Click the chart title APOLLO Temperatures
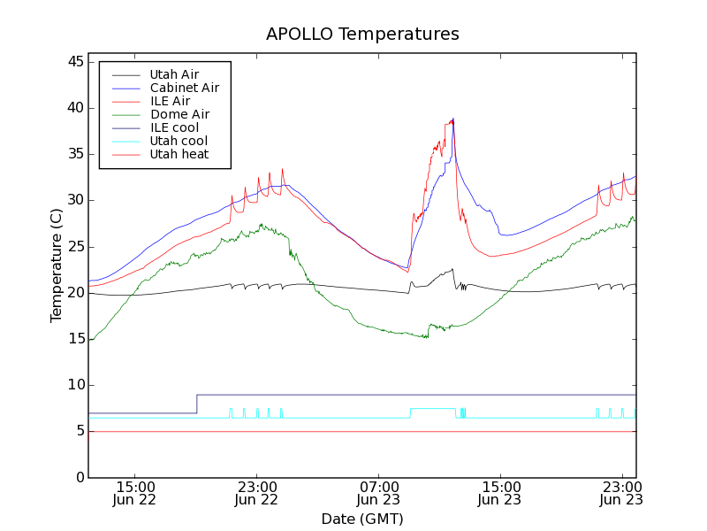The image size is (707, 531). [362, 35]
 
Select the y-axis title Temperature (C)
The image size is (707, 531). [57, 265]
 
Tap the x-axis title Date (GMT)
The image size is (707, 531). [362, 519]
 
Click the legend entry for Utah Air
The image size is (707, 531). [174, 74]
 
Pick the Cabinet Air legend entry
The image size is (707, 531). [184, 88]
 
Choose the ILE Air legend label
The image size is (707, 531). [170, 101]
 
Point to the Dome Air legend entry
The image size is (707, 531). [179, 114]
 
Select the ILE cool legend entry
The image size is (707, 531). [174, 127]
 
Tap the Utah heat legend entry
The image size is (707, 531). [179, 154]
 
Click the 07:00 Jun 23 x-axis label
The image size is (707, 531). [378, 493]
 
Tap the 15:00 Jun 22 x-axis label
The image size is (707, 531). [134, 493]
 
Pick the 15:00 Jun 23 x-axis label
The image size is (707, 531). [500, 493]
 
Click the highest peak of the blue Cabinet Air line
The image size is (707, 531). [453, 119]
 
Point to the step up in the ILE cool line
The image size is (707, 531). [196, 404]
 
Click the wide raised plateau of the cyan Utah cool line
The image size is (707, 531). [433, 409]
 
